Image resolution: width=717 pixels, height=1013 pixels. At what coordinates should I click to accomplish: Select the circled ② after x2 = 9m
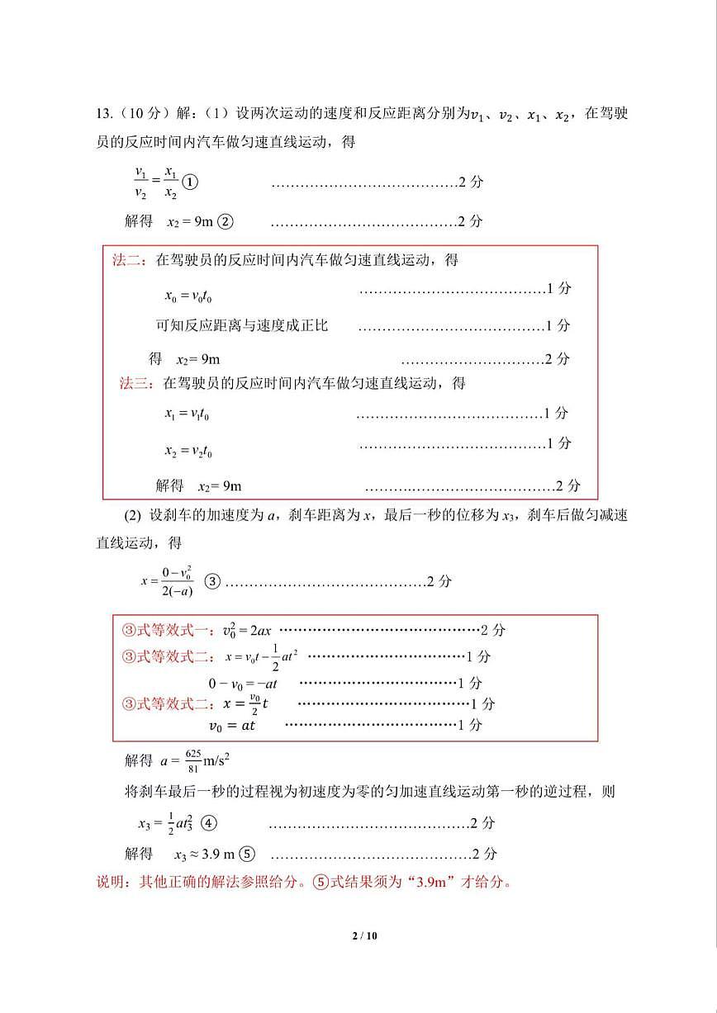(x=226, y=221)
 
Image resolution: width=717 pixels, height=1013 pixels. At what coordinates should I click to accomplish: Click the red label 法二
(x=128, y=260)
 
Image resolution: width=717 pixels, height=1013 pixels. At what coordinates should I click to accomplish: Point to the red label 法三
(x=136, y=383)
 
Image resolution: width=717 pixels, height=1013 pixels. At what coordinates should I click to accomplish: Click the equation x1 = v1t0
(x=187, y=414)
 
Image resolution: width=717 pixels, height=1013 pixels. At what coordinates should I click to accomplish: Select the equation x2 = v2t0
(x=188, y=451)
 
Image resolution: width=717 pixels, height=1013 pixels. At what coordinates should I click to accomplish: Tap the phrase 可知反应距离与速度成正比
(x=242, y=325)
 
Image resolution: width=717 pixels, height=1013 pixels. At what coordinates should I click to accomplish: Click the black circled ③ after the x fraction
(x=211, y=581)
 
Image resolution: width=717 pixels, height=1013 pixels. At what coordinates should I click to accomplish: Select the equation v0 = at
(x=232, y=726)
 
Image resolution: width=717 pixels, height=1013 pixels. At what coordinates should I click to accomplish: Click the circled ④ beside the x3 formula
(x=209, y=823)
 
